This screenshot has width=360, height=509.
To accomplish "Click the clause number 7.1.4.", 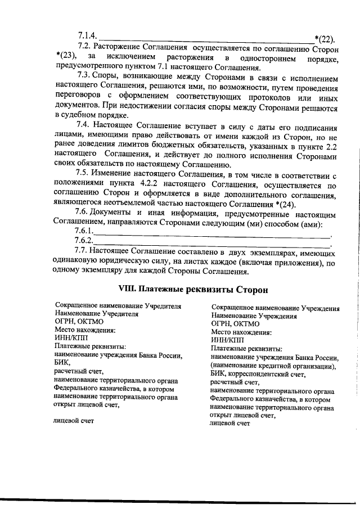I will tap(87, 35).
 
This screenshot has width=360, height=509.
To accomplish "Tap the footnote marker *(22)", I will tap(325, 39).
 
